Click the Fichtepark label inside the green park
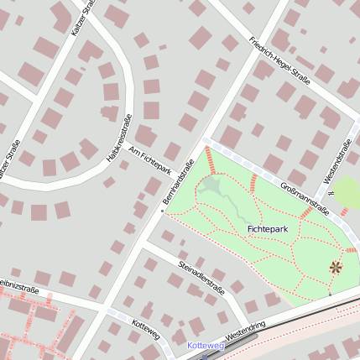coord(269,228)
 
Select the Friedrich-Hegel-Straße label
coord(280,60)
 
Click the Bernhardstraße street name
coord(178,180)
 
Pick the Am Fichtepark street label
coord(151,159)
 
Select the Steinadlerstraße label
coord(201,278)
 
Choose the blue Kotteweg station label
coord(205,345)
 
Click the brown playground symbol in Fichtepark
coord(336,268)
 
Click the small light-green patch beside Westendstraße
coord(347,193)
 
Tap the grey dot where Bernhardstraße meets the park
coord(163,211)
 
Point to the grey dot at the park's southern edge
coord(330,295)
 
